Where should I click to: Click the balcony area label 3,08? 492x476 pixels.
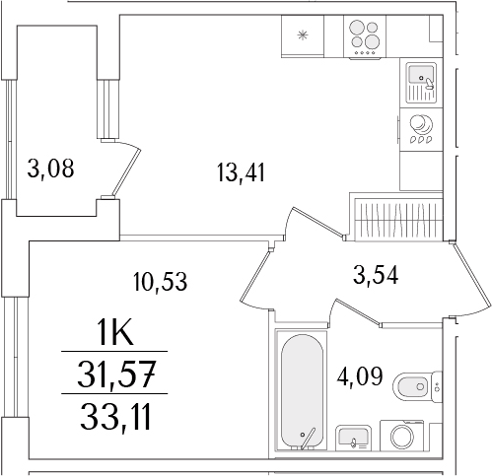(50, 169)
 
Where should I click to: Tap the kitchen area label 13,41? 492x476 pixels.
(241, 172)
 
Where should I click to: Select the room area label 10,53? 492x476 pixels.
(160, 282)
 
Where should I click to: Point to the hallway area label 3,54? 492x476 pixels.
(376, 275)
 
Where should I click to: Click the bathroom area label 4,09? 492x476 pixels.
(360, 376)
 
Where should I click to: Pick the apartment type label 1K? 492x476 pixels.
(115, 333)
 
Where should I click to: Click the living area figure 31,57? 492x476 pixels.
(115, 374)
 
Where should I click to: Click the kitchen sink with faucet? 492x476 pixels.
(421, 83)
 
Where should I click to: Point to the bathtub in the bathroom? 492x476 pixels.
(302, 391)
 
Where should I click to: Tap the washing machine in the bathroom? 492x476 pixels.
(402, 435)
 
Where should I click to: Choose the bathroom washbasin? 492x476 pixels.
(353, 438)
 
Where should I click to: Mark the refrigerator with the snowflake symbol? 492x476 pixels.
(303, 36)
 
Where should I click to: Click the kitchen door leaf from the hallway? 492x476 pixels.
(256, 273)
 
